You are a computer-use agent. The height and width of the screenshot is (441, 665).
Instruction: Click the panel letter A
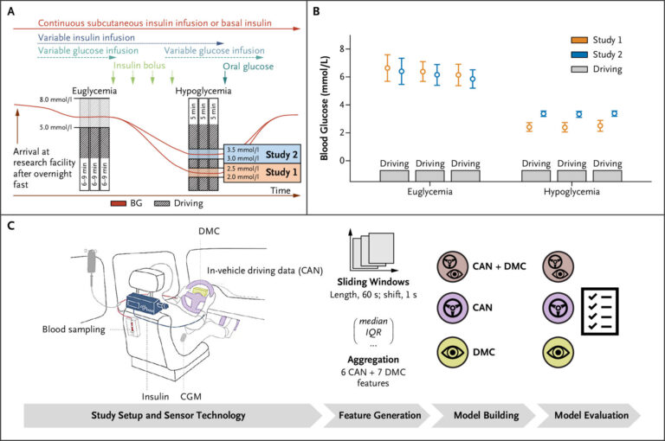pos(11,11)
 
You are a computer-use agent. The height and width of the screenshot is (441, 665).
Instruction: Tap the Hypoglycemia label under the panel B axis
pos(564,195)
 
